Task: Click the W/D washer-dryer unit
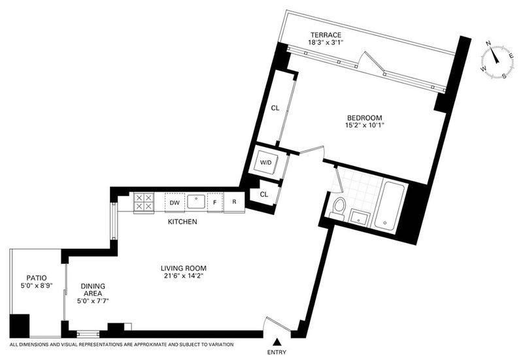(x=266, y=163)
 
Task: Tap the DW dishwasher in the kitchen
(x=175, y=203)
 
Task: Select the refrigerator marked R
(x=235, y=202)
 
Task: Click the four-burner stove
(x=144, y=203)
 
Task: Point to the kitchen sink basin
(x=195, y=202)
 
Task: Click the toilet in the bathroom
(x=338, y=208)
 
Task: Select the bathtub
(x=388, y=206)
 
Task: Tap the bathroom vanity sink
(x=359, y=218)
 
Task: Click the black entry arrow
(x=277, y=342)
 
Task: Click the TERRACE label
(x=326, y=35)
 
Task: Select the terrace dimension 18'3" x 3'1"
(x=326, y=42)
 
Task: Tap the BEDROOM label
(x=365, y=118)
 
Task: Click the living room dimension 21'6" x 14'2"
(x=184, y=276)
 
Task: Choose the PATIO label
(x=37, y=278)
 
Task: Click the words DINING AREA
(x=93, y=289)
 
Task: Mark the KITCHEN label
(x=182, y=221)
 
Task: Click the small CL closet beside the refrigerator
(x=264, y=194)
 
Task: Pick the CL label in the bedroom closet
(x=275, y=108)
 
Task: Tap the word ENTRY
(x=277, y=352)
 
